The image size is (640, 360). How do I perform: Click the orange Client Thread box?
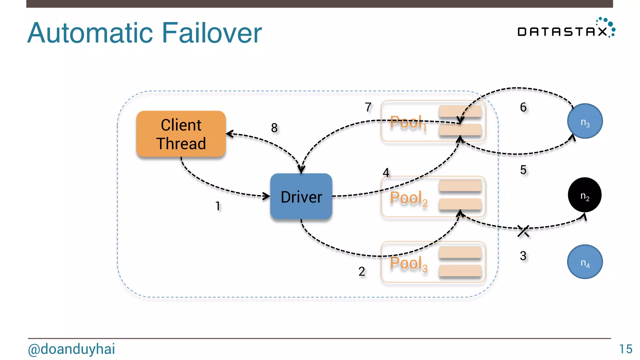pos(181,134)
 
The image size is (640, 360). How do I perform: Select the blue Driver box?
pos(301,197)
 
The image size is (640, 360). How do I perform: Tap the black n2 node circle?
pos(584,195)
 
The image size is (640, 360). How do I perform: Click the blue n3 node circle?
pos(585,121)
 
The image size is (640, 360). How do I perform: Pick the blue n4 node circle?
pos(585,262)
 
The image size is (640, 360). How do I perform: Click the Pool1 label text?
pos(407,122)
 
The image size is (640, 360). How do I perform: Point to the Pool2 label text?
pos(408,198)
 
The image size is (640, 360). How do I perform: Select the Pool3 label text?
pos(408,263)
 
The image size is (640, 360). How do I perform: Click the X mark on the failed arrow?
pos(523,231)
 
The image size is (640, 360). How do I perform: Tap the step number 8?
pos(274,128)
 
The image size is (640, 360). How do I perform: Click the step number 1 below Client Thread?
pos(218,206)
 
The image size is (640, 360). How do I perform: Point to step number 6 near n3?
pos(523,107)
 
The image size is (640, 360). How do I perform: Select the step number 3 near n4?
pos(523,256)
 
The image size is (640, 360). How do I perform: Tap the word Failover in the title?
pos(212,33)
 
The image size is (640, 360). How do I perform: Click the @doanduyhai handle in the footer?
pos(71,349)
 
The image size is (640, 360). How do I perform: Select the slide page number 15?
pos(626,349)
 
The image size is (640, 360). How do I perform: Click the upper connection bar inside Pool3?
pos(460,252)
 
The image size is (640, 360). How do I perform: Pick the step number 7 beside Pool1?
pos(368,107)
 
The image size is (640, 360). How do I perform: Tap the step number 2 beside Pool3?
pos(362,272)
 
